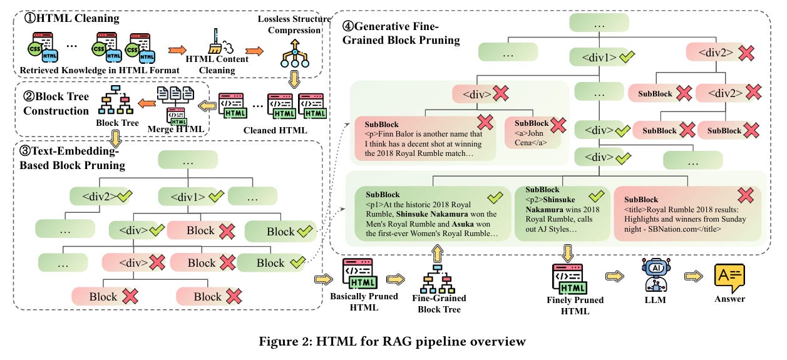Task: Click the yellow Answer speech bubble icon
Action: pyautogui.click(x=730, y=276)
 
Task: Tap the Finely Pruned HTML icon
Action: pyautogui.click(x=568, y=278)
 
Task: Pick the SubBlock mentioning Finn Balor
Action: pyautogui.click(x=424, y=137)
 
